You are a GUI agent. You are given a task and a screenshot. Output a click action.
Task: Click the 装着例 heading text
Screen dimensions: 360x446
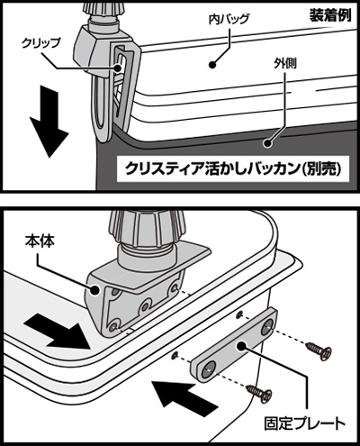point(330,15)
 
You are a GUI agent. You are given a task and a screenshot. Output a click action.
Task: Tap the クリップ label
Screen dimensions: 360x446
point(40,43)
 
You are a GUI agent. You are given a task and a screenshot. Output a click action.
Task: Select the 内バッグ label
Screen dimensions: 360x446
point(229,19)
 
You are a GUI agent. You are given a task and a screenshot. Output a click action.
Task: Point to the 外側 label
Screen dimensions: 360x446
point(285,63)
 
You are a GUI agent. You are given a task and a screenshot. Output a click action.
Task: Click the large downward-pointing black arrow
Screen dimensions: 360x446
point(48,121)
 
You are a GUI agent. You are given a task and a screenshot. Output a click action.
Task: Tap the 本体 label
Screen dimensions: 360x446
point(40,241)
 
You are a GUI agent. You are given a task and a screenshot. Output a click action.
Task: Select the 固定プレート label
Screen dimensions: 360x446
point(304,423)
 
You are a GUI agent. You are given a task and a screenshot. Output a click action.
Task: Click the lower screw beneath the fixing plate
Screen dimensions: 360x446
point(259,392)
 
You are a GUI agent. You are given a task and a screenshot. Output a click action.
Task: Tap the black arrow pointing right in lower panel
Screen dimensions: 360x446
point(57,331)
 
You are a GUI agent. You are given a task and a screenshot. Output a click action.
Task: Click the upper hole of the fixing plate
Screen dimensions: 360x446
point(266,328)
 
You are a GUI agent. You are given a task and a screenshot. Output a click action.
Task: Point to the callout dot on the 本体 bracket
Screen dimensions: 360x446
point(94,290)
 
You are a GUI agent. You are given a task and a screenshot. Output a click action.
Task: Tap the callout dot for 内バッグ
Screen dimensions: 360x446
point(212,64)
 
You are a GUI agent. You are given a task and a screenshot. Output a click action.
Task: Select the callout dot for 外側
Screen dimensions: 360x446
point(267,143)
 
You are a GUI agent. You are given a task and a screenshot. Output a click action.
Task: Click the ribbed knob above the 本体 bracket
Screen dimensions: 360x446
point(147,229)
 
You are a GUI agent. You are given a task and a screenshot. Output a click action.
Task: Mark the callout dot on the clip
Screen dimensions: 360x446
point(117,68)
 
